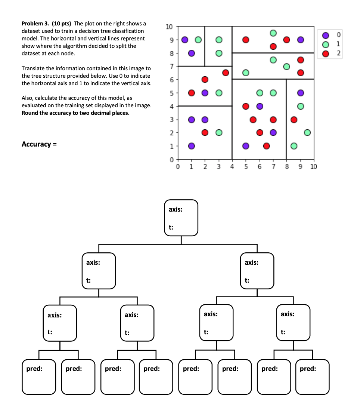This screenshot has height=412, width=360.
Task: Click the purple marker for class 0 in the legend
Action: click(x=326, y=35)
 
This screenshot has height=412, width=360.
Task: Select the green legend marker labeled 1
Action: click(x=326, y=44)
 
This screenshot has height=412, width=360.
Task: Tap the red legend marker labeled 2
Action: click(x=326, y=53)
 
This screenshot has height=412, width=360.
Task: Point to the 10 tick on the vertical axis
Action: click(x=169, y=27)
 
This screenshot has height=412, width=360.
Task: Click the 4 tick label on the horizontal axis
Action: click(x=232, y=167)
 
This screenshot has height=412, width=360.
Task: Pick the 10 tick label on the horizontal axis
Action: click(x=313, y=167)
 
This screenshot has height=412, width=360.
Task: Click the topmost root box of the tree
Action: click(x=181, y=218)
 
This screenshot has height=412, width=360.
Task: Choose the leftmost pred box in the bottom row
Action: click(x=39, y=377)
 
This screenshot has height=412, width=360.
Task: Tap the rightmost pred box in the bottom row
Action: click(x=313, y=377)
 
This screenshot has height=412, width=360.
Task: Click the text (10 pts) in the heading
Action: click(x=60, y=24)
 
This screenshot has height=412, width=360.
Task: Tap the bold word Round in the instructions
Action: click(x=30, y=113)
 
